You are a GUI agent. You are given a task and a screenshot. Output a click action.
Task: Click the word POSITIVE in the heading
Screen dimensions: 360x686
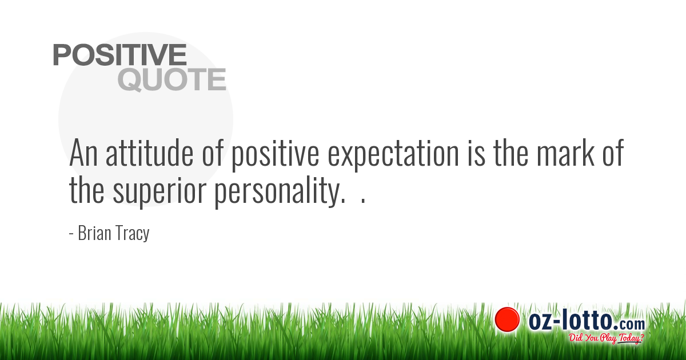click(119, 55)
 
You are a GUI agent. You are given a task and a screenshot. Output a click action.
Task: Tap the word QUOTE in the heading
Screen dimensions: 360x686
click(171, 80)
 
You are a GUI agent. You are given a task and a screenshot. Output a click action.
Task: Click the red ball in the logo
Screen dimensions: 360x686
click(507, 319)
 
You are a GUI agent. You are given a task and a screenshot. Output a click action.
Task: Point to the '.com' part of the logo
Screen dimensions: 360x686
click(630, 323)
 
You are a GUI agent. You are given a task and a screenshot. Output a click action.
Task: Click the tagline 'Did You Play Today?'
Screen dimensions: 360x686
click(606, 338)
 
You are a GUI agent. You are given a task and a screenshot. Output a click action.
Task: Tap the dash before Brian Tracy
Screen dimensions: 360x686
click(71, 234)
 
